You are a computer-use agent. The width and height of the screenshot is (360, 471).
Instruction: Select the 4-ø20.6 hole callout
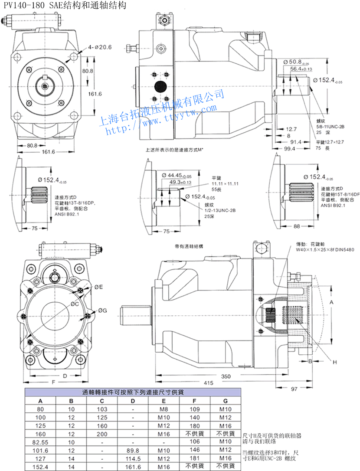[100, 47]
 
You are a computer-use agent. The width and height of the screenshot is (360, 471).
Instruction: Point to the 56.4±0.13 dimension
[301, 69]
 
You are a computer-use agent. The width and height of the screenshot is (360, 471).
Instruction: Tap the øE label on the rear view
[98, 287]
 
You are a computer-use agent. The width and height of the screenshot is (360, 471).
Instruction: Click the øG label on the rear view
[102, 310]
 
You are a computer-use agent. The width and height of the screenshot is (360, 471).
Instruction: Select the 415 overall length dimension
[209, 383]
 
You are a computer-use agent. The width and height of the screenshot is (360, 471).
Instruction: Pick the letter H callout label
[334, 361]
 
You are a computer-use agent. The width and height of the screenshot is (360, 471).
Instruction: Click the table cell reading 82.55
[41, 442]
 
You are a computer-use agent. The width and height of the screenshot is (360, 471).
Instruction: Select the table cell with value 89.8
[133, 450]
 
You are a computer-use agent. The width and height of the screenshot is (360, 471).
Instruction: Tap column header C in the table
[102, 401]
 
